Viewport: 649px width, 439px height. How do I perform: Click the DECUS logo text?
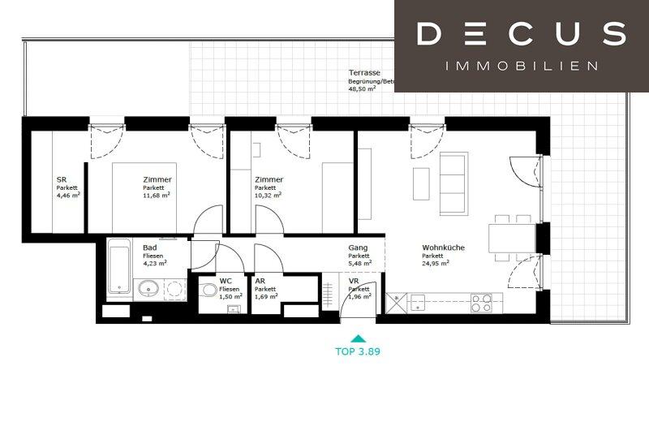[x=521, y=34]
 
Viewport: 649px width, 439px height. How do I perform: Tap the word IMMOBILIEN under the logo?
[x=521, y=65]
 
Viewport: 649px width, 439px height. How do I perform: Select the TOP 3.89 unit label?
[x=358, y=352]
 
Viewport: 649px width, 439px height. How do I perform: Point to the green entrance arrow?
[x=358, y=338]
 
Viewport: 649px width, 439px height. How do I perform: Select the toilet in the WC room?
[x=208, y=289]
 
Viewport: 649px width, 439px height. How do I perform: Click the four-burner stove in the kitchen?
[x=481, y=303]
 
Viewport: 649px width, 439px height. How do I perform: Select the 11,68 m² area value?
[x=157, y=195]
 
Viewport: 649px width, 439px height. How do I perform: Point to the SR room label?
[x=61, y=180]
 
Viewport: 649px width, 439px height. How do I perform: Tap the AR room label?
[x=260, y=281]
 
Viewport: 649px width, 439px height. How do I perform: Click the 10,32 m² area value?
[x=268, y=195]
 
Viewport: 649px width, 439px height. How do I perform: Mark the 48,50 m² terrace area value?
[x=363, y=90]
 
